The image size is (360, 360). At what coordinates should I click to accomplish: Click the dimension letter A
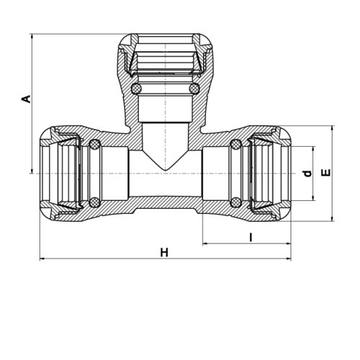point(27,99)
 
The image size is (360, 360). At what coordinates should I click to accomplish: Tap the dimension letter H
point(164,253)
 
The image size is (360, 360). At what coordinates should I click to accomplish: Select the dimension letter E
point(326,173)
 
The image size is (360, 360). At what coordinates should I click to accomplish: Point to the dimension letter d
point(307,174)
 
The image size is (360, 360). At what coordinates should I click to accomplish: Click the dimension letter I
point(251,238)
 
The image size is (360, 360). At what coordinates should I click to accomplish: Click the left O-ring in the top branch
point(136,89)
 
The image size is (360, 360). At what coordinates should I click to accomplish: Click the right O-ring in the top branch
point(194,89)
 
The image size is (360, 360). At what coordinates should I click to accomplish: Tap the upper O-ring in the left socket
point(94,144)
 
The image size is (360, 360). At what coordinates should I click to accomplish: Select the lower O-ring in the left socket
point(94,202)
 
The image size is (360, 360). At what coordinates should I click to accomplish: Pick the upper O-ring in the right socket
point(235,144)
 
